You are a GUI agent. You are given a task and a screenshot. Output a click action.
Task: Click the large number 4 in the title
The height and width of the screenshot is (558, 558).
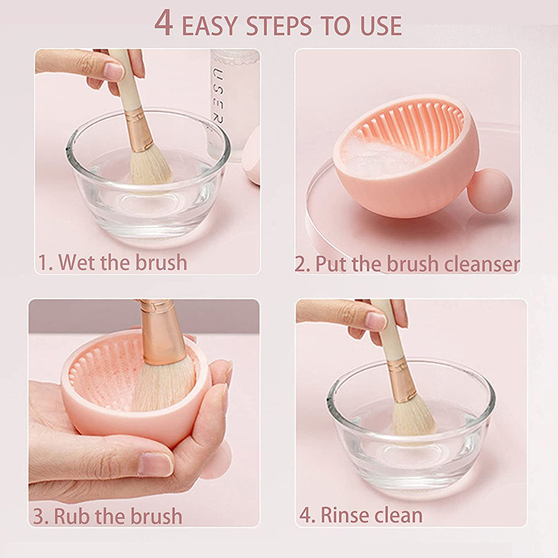coord(164,23)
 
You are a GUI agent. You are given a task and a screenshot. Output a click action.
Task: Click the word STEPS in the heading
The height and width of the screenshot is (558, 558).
coord(278,26)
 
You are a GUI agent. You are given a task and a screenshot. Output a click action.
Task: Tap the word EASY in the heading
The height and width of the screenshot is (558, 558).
coord(210,26)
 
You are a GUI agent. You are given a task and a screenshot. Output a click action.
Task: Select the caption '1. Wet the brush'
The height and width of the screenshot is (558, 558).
coord(112,262)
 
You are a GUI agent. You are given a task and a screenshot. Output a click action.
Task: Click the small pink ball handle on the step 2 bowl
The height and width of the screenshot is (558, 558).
coord(490,190)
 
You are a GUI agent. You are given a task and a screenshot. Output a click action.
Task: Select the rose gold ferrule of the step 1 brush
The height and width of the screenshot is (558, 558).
coord(139,130)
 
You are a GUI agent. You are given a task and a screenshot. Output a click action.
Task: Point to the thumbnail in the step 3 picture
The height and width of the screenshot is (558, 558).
coord(155,464)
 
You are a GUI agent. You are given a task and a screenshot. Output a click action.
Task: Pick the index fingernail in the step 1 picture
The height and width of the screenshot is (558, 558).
coord(114,71)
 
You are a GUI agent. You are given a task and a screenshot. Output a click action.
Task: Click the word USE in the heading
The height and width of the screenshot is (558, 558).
coord(381,26)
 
